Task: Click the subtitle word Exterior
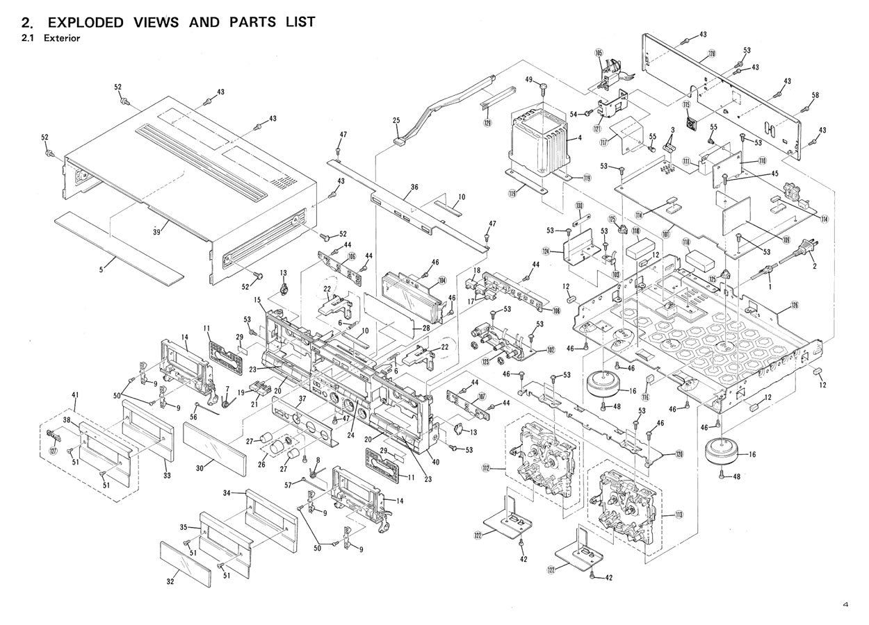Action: pyautogui.click(x=61, y=38)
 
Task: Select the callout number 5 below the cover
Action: pyautogui.click(x=101, y=268)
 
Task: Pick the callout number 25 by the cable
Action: pyautogui.click(x=396, y=121)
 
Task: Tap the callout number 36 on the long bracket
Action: pyautogui.click(x=414, y=187)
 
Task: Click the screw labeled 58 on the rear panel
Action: pyautogui.click(x=806, y=108)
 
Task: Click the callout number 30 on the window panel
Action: pyautogui.click(x=199, y=469)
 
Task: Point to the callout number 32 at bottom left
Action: pyautogui.click(x=170, y=583)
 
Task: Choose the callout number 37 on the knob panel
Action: pyautogui.click(x=302, y=399)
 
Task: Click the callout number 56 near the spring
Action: pyautogui.click(x=193, y=417)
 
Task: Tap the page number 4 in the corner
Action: pyautogui.click(x=845, y=606)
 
